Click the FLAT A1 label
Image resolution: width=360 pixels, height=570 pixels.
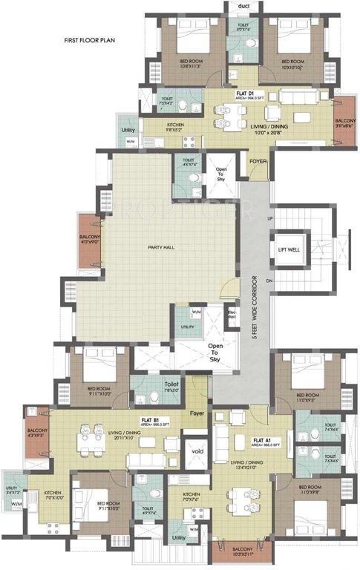point(261,440)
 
